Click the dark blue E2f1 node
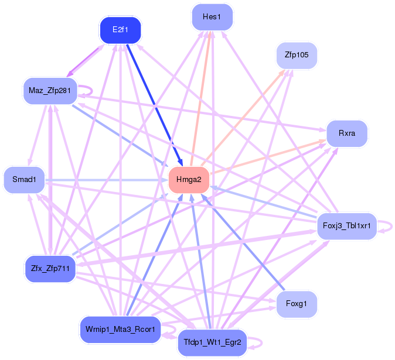(x=120, y=30)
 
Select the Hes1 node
(x=212, y=17)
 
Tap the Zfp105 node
(x=297, y=56)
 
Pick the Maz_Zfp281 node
(x=50, y=90)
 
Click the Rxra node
(x=347, y=133)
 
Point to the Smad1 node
(x=24, y=180)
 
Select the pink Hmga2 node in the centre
(x=189, y=180)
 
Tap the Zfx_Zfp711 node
(x=50, y=268)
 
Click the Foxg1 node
(x=297, y=304)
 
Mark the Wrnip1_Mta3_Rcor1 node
(x=120, y=329)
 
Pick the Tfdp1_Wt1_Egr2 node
(x=212, y=342)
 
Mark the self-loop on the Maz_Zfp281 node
(x=87, y=90)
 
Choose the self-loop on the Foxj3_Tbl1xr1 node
(x=384, y=225)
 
